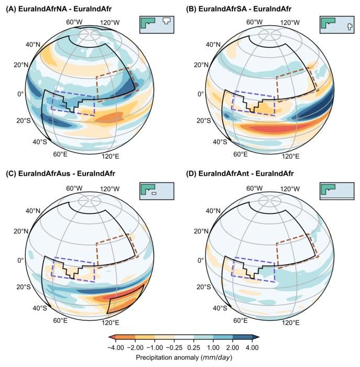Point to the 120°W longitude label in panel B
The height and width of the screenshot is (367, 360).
(x=289, y=23)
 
